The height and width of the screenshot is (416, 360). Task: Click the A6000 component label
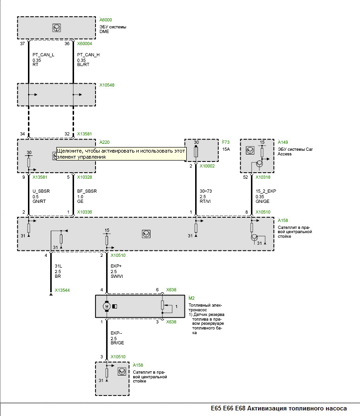tap(106, 20)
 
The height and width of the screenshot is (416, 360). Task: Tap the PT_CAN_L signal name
tap(43, 55)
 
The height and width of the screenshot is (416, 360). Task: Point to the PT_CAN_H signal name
tap(88, 55)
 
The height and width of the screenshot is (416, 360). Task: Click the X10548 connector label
tap(107, 86)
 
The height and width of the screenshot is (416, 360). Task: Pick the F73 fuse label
tap(226, 141)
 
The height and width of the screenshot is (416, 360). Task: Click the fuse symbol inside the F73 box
tap(196, 151)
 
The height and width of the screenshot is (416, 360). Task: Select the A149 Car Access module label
tap(283, 142)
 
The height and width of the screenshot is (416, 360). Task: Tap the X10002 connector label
tap(207, 166)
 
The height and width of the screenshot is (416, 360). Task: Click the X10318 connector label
tap(263, 177)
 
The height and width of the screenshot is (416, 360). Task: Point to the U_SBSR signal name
tap(41, 190)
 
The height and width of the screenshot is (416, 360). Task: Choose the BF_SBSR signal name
tap(87, 190)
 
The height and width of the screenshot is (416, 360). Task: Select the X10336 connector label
tap(84, 212)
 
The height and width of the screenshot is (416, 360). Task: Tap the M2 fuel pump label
tap(191, 298)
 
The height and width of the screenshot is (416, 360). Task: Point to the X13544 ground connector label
tap(62, 290)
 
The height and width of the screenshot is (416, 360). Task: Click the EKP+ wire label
tap(116, 266)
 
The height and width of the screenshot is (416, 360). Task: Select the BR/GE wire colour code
tap(117, 343)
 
